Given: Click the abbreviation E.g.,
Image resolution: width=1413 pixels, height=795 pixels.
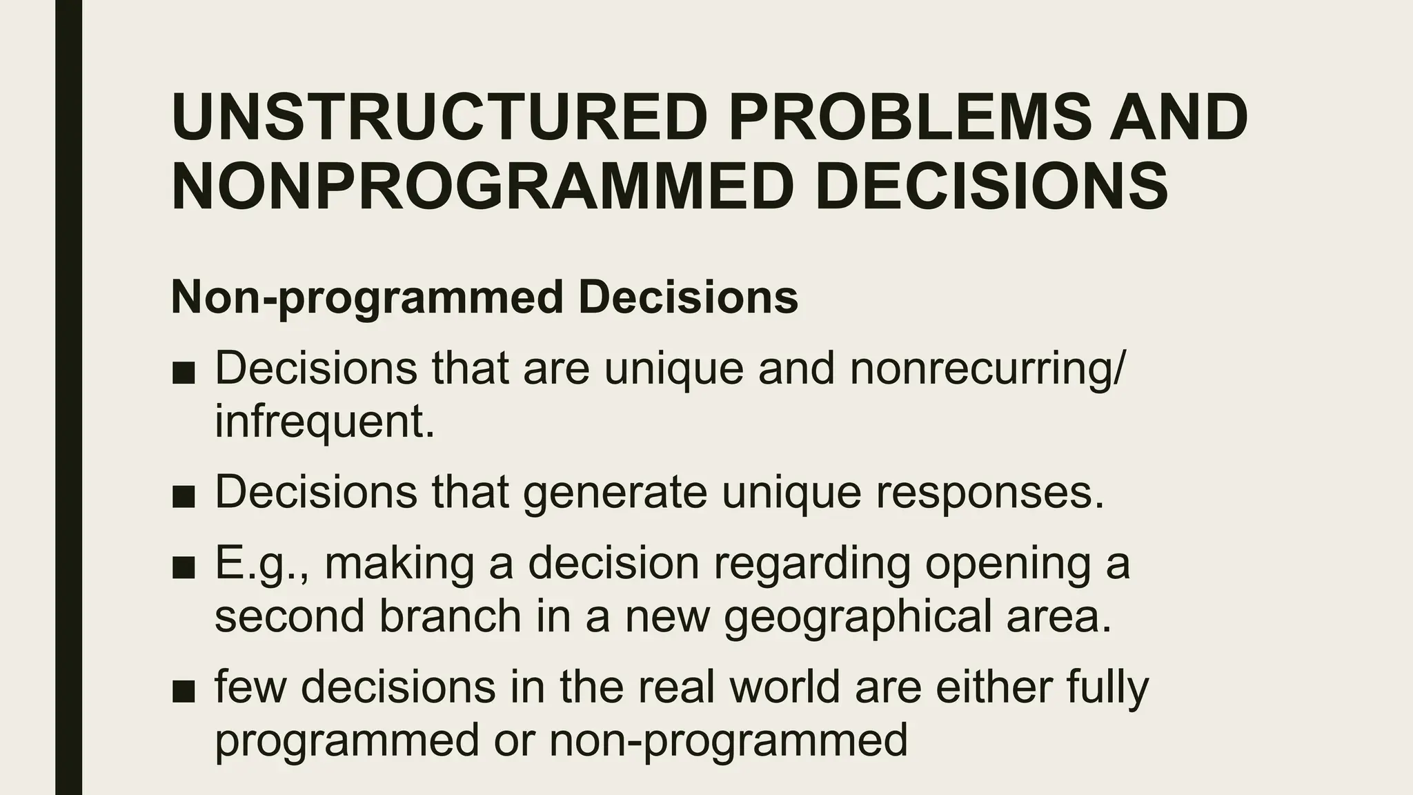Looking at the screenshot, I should (261, 564).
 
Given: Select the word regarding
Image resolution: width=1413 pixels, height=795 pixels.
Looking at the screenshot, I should (811, 564).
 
